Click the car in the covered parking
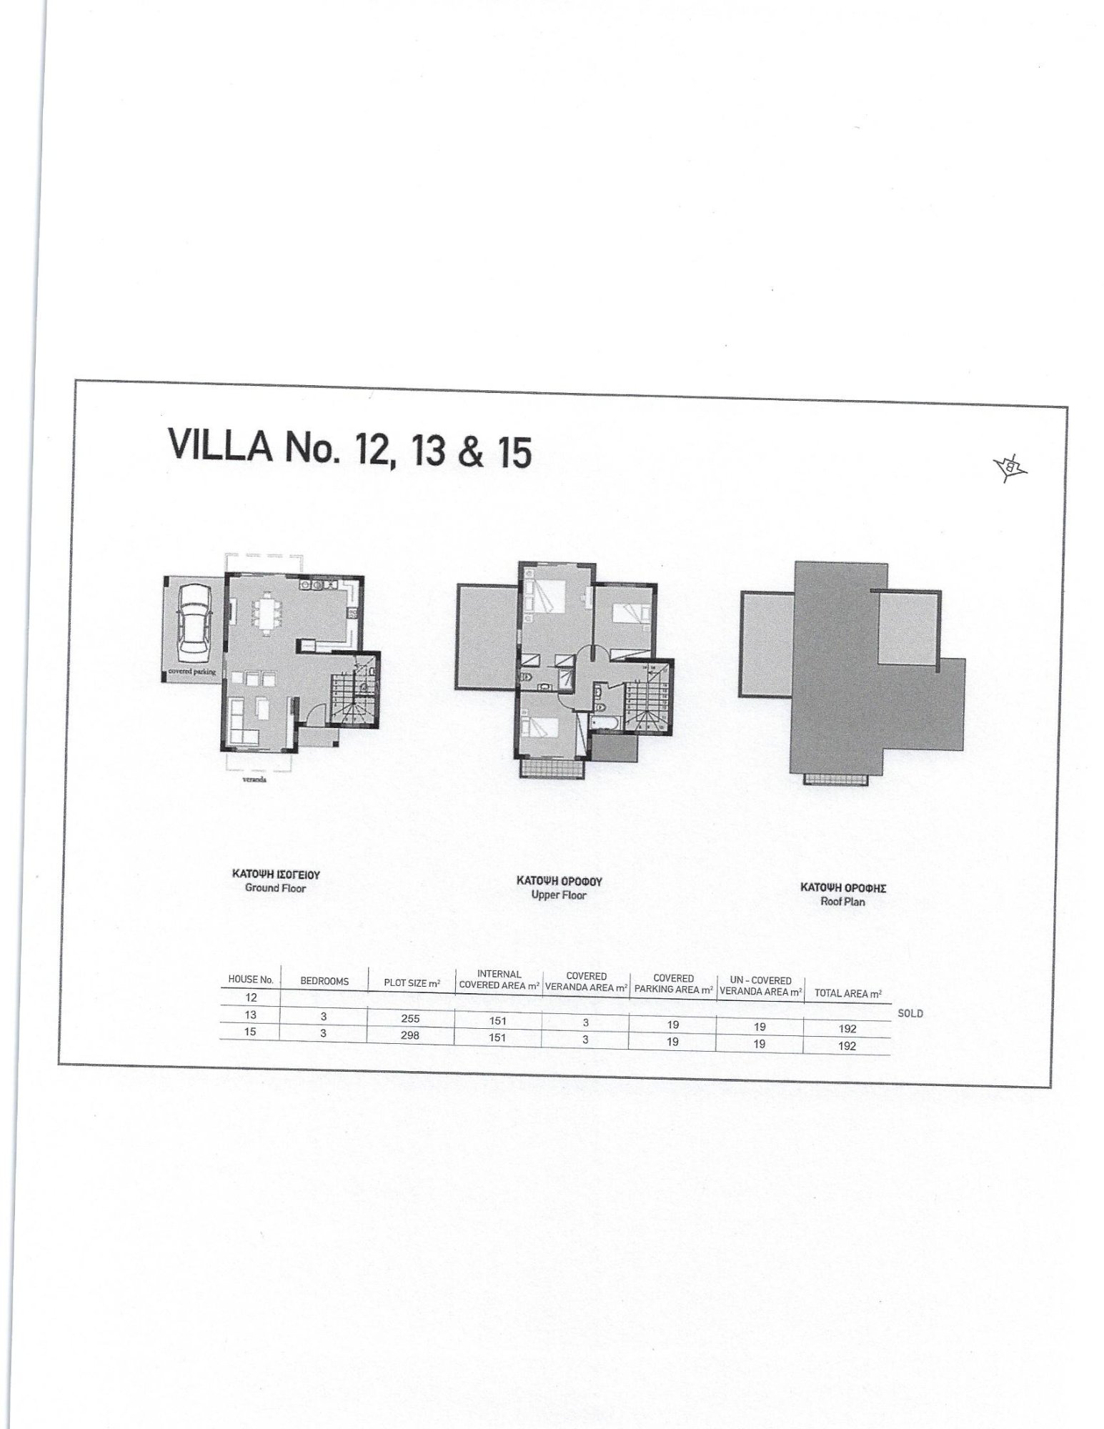194,620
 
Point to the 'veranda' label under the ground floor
254,780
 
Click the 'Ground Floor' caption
275,888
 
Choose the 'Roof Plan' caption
843,901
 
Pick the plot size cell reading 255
410,1020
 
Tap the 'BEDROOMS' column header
324,981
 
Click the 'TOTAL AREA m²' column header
848,993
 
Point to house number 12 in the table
251,997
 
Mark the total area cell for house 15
847,1046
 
